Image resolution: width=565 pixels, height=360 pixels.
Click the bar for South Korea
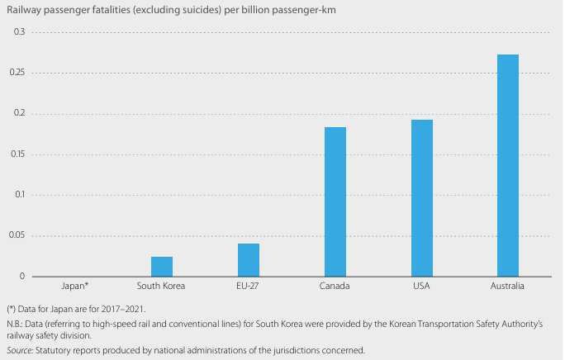pos(162,267)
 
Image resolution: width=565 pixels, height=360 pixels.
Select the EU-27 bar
pos(249,260)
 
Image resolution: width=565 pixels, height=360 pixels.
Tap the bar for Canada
pos(335,202)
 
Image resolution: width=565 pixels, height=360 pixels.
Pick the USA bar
pos(421,198)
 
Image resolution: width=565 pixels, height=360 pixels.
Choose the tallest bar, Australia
pos(508,165)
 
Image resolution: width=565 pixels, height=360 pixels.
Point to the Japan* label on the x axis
pos(75,287)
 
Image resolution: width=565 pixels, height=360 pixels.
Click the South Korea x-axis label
pos(162,287)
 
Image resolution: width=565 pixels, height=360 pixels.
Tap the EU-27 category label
pos(249,287)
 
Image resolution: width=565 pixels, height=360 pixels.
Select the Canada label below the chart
pos(335,287)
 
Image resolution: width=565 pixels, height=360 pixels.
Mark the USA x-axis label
pos(421,287)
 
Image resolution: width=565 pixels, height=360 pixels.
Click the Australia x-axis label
pos(508,287)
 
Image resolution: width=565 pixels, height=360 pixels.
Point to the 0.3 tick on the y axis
pos(20,32)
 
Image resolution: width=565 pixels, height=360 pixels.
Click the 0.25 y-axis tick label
pos(17,73)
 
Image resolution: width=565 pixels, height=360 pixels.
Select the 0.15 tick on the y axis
pos(17,154)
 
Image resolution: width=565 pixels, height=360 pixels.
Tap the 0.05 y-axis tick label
pos(17,236)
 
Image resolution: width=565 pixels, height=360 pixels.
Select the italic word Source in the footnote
pos(20,350)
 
